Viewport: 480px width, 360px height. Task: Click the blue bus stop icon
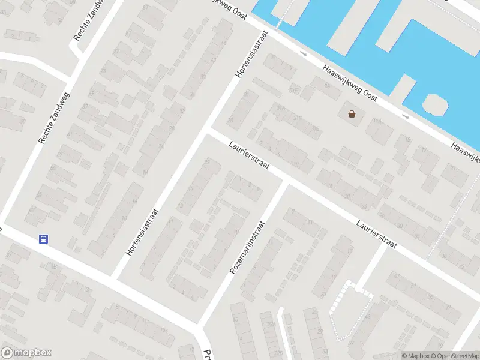point(43,239)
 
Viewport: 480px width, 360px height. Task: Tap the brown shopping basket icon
point(351,113)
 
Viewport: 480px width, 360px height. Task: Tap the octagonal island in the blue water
point(436,104)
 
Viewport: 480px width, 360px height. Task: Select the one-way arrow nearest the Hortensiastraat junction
point(303,55)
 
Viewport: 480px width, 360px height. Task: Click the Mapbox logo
point(26,353)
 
